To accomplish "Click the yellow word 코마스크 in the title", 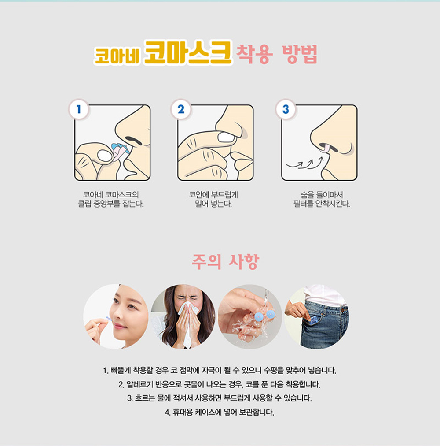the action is coord(188,52).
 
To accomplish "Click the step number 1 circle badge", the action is coord(79,109).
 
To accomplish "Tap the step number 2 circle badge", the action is coord(181,109).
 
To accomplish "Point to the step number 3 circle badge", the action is coord(286,109).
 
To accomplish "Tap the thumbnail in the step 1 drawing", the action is coord(104,156).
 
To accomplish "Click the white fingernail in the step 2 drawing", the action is coord(226,138).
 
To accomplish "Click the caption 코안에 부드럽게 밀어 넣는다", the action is coord(213,199).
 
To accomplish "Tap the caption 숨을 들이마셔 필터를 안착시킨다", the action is coord(322,199).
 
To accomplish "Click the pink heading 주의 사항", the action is coord(225,261).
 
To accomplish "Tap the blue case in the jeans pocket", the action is coord(312,320).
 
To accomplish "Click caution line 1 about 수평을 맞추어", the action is coord(220,370).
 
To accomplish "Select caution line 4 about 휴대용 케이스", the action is coord(220,412).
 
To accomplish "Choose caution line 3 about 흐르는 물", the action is coord(220,398).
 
